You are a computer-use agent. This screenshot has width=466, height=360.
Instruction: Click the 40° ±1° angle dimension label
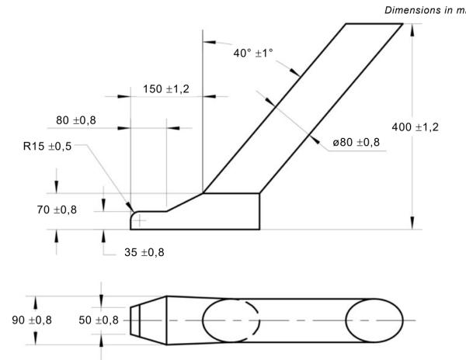point(253,53)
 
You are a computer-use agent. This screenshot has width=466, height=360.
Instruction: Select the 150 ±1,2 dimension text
point(166,88)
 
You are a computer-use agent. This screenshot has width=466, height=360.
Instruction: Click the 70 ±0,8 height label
point(75,209)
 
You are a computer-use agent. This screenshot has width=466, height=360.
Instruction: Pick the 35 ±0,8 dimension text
point(144,252)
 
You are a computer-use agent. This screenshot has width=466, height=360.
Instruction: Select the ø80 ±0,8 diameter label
point(356,142)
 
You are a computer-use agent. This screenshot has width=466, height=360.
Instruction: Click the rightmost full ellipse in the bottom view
point(374,320)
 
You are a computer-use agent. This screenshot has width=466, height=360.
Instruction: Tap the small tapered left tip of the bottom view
point(135,320)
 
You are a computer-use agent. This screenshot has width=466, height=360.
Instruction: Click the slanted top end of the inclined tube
point(374,24)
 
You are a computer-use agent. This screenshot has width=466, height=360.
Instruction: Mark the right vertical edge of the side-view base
point(259,211)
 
